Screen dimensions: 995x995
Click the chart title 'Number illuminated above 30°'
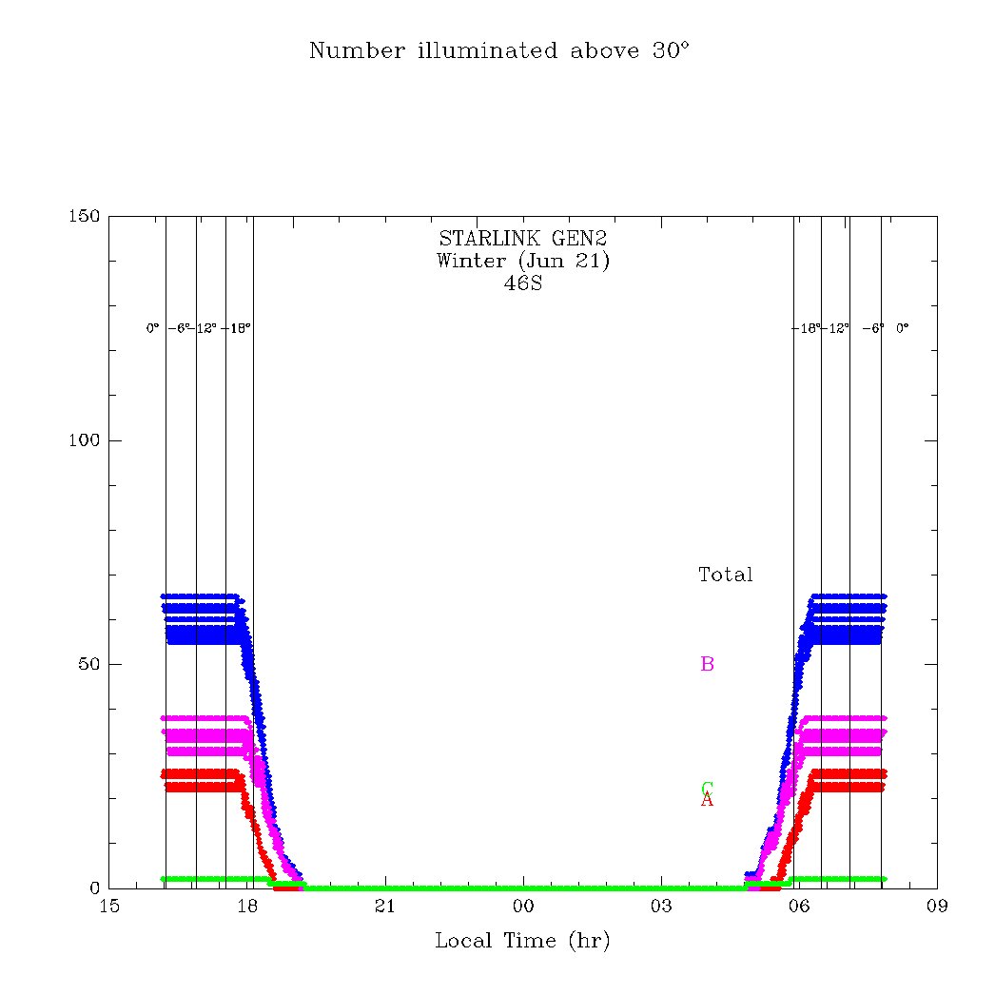498,51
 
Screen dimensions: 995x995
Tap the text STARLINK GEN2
522,239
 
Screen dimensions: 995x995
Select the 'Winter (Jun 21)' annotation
522,261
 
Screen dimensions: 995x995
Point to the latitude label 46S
522,283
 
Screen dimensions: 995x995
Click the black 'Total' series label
725,575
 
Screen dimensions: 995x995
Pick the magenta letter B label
707,664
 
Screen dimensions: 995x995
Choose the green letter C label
707,788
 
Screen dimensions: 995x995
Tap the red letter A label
707,801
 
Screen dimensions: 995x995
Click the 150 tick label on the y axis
85,217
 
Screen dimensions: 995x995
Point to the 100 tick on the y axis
85,440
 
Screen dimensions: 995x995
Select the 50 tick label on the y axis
89,664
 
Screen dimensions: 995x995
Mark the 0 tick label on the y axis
94,888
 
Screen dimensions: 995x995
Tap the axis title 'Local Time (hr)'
522,942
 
